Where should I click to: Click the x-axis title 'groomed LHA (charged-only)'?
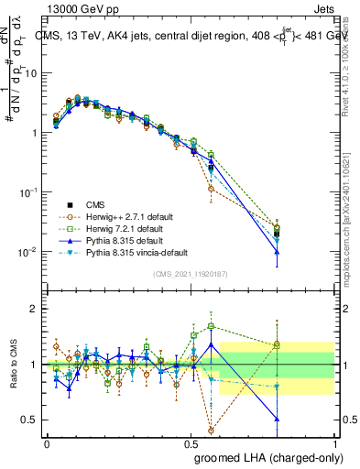pyautogui.click(x=265, y=456)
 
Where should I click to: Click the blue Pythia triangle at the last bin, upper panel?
pyautogui.click(x=277, y=251)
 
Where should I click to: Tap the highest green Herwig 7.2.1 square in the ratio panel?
pyautogui.click(x=212, y=326)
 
